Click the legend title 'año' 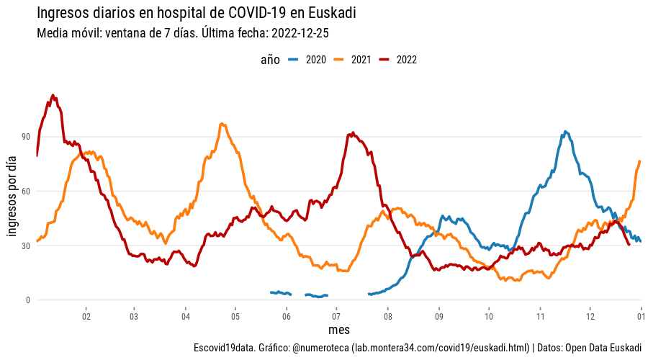click(270, 60)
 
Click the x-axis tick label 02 click(86, 316)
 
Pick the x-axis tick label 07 click(337, 316)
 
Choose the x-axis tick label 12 click(590, 316)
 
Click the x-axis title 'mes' click(338, 330)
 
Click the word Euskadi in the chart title click(330, 14)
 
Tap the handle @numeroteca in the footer click(320, 348)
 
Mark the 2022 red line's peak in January click(53, 95)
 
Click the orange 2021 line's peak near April click(222, 124)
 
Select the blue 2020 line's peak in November click(566, 132)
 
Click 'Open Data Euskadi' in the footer click(603, 348)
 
